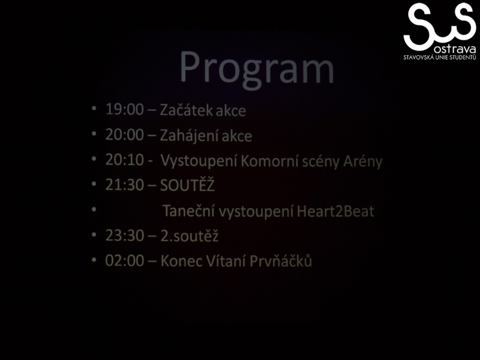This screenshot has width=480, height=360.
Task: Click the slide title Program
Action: click(257, 68)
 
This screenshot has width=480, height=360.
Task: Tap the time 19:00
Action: click(124, 109)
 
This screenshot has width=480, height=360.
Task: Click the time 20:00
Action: click(124, 134)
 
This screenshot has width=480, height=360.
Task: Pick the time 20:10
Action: click(124, 160)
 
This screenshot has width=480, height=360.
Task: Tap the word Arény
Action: click(363, 161)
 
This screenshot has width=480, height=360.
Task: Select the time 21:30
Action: click(124, 185)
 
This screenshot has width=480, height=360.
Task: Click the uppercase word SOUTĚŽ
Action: click(187, 185)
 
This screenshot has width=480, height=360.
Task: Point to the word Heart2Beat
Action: click(335, 211)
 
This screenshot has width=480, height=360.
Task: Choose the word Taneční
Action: click(188, 211)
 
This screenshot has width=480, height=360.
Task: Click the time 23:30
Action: click(124, 235)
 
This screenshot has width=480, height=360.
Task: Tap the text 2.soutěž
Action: click(190, 236)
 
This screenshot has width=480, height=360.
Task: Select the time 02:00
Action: click(124, 260)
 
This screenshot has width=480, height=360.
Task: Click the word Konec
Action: click(181, 261)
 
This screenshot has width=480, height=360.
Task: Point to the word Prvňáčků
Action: click(281, 261)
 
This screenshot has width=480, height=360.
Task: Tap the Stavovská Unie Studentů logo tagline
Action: click(440, 57)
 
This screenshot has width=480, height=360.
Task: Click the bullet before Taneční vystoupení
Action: click(94, 209)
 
